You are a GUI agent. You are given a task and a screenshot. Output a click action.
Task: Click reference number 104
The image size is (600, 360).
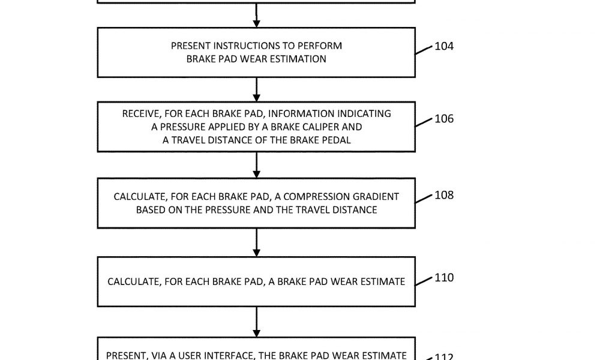tap(444, 46)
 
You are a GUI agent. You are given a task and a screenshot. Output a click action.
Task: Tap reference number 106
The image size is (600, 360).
tap(444, 119)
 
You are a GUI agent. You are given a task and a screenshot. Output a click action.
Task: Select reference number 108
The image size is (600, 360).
tap(444, 195)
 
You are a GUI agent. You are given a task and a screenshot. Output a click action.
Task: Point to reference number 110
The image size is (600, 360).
tap(444, 278)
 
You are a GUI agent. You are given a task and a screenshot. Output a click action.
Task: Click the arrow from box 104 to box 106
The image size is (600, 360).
tap(256, 89)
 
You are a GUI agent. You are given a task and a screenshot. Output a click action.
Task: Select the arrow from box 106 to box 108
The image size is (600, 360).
tap(256, 165)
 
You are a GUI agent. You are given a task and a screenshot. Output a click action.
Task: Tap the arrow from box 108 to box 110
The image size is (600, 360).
tap(256, 242)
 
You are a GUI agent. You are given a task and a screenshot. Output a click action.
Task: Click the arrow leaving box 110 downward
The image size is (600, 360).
tap(256, 322)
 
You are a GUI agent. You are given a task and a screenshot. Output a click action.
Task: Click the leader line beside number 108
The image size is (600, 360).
tap(424, 199)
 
